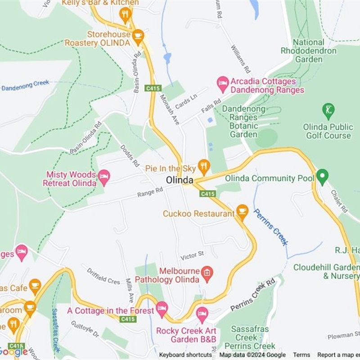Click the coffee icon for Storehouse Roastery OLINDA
138,35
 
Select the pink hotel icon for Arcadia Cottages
223,82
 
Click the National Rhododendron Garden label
309,51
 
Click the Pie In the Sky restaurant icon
204,167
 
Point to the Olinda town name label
180,180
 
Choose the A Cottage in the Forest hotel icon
162,309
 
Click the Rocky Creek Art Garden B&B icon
202,314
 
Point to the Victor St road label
192,256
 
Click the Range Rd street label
150,193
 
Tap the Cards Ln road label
186,101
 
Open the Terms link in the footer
301,355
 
